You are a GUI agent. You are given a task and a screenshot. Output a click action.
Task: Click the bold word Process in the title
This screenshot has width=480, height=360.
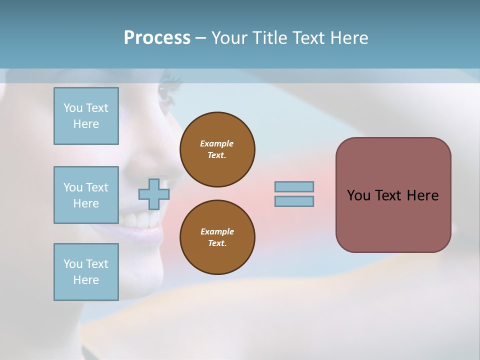coord(157,38)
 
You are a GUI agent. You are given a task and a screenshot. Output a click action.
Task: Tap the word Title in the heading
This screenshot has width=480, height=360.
coord(270,38)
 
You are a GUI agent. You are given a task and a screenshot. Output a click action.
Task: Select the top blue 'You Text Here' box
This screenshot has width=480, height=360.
coord(86,116)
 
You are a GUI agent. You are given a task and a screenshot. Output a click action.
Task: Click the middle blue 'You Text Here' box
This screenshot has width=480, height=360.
coord(86,195)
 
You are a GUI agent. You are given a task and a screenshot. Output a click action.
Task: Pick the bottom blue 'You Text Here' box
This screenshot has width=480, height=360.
coord(86,272)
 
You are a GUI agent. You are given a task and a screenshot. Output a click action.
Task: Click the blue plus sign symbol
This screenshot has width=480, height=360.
coord(153,194)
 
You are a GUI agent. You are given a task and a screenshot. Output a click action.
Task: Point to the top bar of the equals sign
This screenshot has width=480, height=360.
coord(294,186)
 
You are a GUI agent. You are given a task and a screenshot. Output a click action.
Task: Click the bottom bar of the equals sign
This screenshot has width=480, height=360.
coord(294,201)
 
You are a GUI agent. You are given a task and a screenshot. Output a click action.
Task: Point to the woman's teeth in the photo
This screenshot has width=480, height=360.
coord(137,220)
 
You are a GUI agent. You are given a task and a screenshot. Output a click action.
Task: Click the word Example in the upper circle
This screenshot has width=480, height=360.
coord(216,143)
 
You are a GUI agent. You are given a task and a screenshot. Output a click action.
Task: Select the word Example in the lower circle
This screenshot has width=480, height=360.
coord(217,231)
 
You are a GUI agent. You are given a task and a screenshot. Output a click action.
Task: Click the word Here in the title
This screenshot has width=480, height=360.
coord(349,38)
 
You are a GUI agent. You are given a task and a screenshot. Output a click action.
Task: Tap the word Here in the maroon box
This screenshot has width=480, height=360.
coord(422,195)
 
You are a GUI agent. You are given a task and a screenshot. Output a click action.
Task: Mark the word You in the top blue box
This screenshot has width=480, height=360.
coord(72,108)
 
